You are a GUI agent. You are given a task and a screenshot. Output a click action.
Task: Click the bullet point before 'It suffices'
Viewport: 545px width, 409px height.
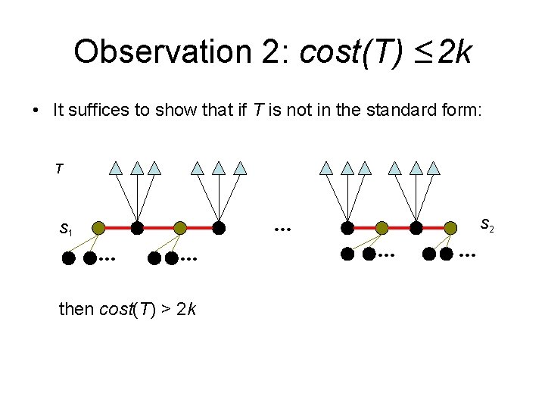pyautogui.click(x=36, y=111)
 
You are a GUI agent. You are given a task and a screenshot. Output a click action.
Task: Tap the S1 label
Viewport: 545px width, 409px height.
pyautogui.click(x=67, y=228)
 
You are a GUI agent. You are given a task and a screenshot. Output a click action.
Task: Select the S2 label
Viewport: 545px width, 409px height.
pyautogui.click(x=487, y=225)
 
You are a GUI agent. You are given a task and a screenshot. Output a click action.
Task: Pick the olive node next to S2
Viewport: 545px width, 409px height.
pyautogui.click(x=451, y=226)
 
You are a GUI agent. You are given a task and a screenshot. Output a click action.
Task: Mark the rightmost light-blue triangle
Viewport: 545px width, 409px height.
pyautogui.click(x=434, y=168)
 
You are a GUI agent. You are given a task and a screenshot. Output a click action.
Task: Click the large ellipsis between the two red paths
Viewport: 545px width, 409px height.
pyautogui.click(x=283, y=227)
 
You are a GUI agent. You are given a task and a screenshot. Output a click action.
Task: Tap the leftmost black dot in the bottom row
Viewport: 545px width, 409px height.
pyautogui.click(x=69, y=258)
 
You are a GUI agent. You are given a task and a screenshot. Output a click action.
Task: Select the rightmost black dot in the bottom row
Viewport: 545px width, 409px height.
pyautogui.click(x=447, y=254)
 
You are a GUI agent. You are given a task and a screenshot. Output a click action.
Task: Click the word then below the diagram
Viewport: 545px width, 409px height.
pyautogui.click(x=76, y=309)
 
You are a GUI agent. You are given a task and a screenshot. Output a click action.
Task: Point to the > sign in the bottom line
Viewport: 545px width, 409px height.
pyautogui.click(x=164, y=309)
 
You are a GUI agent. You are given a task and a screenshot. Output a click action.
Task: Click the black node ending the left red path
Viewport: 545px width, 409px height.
pyautogui.click(x=219, y=226)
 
